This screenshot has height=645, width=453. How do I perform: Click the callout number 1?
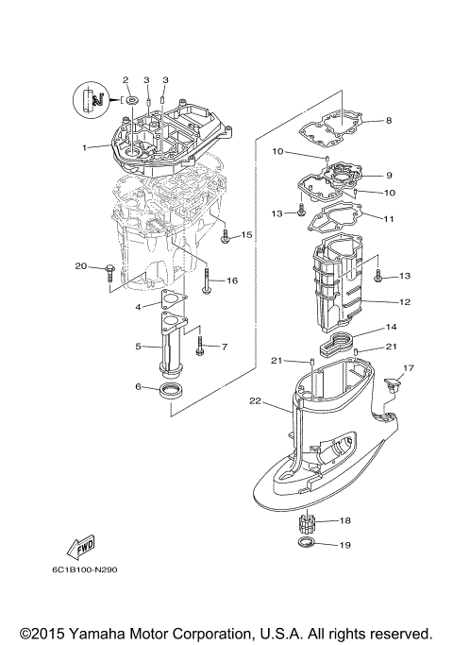(84, 147)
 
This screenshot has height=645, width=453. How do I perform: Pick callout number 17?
(409, 367)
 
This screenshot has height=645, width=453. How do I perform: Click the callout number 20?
(80, 266)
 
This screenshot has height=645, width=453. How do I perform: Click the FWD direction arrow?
(78, 548)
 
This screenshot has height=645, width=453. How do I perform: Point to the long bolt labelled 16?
(206, 280)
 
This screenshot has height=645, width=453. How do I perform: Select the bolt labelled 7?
(200, 348)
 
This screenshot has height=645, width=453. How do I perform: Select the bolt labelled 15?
(226, 237)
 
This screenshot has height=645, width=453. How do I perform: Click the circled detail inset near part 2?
(90, 98)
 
